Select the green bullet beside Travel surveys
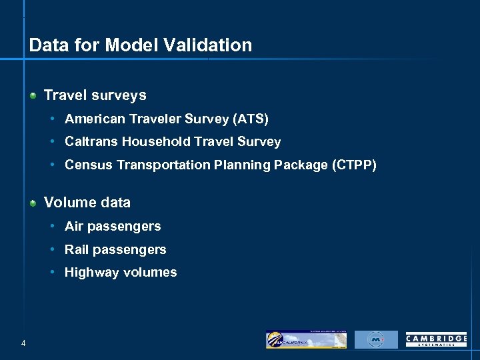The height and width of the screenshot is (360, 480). tap(33, 96)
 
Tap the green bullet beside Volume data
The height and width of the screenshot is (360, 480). tap(33, 203)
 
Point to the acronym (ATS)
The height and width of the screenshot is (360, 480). tap(250, 119)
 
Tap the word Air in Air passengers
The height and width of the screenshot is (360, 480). tap(73, 226)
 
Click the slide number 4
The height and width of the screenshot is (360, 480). tap(23, 343)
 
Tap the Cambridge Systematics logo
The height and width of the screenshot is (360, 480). tap(436, 340)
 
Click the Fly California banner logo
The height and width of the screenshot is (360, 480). tap(306, 339)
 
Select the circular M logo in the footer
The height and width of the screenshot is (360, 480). tap(375, 339)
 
